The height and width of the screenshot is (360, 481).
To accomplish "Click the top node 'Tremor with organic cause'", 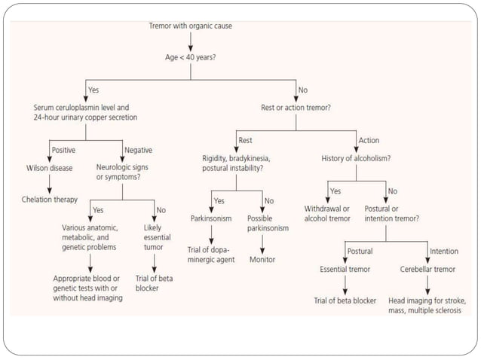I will [189, 26].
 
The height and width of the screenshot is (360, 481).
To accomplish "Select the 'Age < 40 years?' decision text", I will [190, 56].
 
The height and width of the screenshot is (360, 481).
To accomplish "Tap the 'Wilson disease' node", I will [49, 168].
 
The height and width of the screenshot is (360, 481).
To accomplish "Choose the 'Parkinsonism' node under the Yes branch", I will [212, 218].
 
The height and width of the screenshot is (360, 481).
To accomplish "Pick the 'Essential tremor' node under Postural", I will [345, 268].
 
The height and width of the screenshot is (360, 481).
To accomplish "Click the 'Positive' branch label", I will [63, 149].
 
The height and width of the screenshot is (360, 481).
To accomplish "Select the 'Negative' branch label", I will [137, 149].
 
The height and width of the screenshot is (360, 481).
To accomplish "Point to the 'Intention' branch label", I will [443, 251].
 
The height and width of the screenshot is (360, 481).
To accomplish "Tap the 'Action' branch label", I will [369, 139].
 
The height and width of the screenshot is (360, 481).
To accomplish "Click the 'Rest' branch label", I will [245, 139].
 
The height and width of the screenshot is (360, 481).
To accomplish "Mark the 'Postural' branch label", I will [360, 251].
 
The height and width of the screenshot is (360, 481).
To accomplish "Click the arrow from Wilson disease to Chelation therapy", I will [50, 183].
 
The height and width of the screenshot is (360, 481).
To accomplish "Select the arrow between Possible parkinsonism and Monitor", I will [262, 243].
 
